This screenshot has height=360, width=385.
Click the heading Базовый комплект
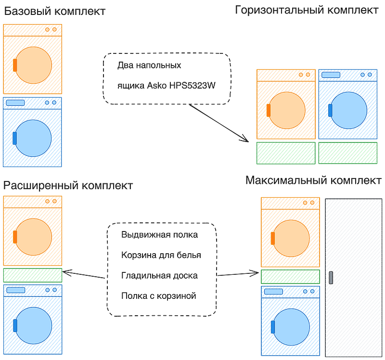55,11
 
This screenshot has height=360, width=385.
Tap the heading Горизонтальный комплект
307,10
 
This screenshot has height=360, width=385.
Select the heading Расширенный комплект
68,186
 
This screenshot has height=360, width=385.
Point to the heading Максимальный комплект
314,180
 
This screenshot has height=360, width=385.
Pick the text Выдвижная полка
160,235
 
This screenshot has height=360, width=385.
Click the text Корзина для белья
161,255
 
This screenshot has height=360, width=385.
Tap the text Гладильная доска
159,275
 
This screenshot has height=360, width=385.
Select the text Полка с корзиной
159,296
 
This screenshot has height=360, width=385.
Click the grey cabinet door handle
331,278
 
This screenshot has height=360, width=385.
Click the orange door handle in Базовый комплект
15,65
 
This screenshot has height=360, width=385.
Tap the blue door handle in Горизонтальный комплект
330,111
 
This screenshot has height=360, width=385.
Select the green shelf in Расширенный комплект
33,275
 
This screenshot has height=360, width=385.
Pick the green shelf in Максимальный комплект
291,277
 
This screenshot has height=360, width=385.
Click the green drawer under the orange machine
286,153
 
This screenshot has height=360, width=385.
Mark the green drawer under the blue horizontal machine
348,153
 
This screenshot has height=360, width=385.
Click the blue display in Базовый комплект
15,103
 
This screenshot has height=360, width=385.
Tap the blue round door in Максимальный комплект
292,327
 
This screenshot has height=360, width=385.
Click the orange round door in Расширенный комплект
34,237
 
